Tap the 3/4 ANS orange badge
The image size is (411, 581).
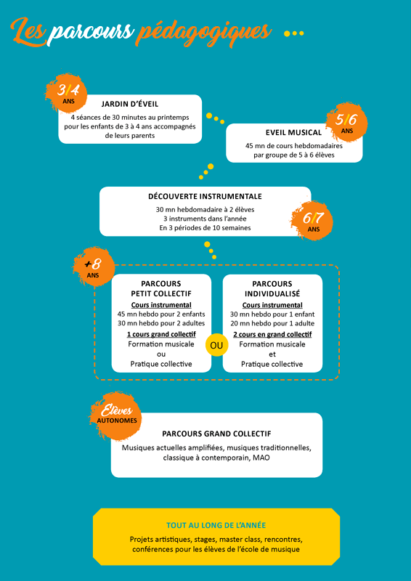pyautogui.click(x=67, y=93)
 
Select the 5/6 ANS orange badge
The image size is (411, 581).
pyautogui.click(x=346, y=122)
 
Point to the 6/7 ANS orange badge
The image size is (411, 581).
pyautogui.click(x=312, y=221)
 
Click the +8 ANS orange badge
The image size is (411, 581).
pyautogui.click(x=93, y=267)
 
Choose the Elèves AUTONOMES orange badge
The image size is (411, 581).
pyautogui.click(x=116, y=415)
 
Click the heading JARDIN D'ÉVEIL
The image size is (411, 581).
pyautogui.click(x=130, y=104)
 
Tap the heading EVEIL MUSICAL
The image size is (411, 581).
pyautogui.click(x=293, y=132)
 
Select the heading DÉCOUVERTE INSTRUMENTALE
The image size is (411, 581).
pyautogui.click(x=205, y=196)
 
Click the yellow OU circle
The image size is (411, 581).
pyautogui.click(x=216, y=346)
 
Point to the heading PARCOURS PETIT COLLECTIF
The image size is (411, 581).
pyautogui.click(x=161, y=288)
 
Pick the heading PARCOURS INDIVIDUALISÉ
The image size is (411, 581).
pyautogui.click(x=272, y=288)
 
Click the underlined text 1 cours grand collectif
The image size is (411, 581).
pyautogui.click(x=161, y=334)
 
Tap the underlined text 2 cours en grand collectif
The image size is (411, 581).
pyautogui.click(x=272, y=334)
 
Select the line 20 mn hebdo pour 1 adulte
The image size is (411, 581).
pyautogui.click(x=272, y=323)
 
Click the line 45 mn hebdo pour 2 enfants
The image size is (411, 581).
pyautogui.click(x=161, y=314)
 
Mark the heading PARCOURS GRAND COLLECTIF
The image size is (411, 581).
pyautogui.click(x=216, y=434)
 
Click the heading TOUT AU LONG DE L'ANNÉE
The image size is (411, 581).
pyautogui.click(x=216, y=525)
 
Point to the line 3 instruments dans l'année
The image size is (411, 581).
pyautogui.click(x=205, y=219)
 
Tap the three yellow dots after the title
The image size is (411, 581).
pyautogui.click(x=294, y=33)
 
